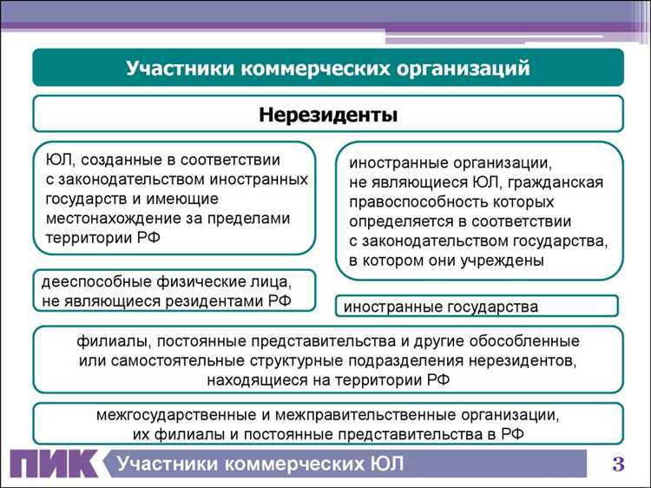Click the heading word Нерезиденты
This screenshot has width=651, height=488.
coord(327,114)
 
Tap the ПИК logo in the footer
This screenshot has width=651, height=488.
coord(52,465)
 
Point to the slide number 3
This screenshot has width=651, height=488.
coord(619,465)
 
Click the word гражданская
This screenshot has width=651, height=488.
coord(556,182)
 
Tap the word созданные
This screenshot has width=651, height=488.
coord(112,160)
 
